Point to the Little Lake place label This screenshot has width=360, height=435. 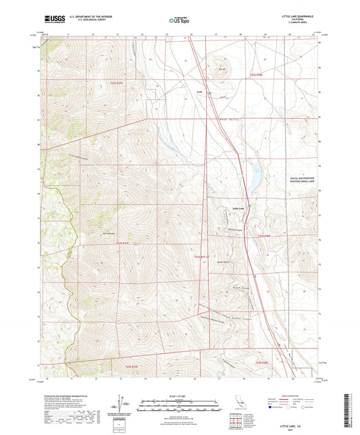coord(237,208)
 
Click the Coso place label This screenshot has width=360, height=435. coord(199,88)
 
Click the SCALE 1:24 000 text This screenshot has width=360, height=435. coord(180,396)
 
